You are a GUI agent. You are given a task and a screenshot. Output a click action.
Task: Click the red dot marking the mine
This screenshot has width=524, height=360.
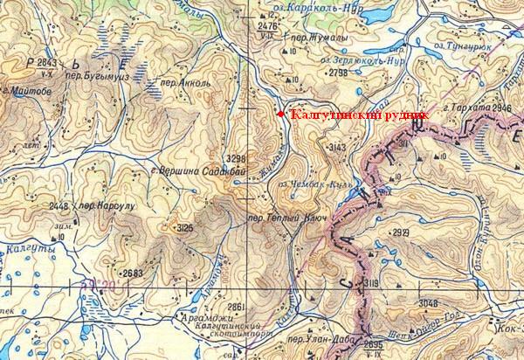coord(280,114)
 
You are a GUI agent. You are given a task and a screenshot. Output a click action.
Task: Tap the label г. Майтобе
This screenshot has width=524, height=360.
coord(25,90)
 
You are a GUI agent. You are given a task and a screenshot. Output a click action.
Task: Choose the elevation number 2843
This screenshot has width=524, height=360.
coord(46,63)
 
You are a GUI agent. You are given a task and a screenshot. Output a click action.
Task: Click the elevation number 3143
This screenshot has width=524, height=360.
coord(334,149)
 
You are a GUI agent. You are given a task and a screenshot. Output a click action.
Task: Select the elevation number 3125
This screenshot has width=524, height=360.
coord(184,228)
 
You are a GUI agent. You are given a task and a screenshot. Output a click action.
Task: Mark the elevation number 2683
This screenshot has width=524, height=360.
coord(132,273)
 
